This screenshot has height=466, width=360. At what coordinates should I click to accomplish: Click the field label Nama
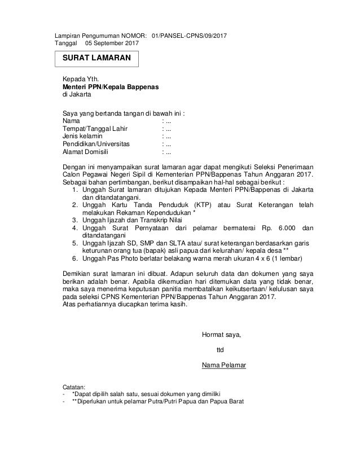tap(71, 120)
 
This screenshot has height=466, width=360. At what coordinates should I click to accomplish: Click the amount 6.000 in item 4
tap(278, 228)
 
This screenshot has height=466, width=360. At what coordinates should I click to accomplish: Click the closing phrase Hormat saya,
tap(221, 335)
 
